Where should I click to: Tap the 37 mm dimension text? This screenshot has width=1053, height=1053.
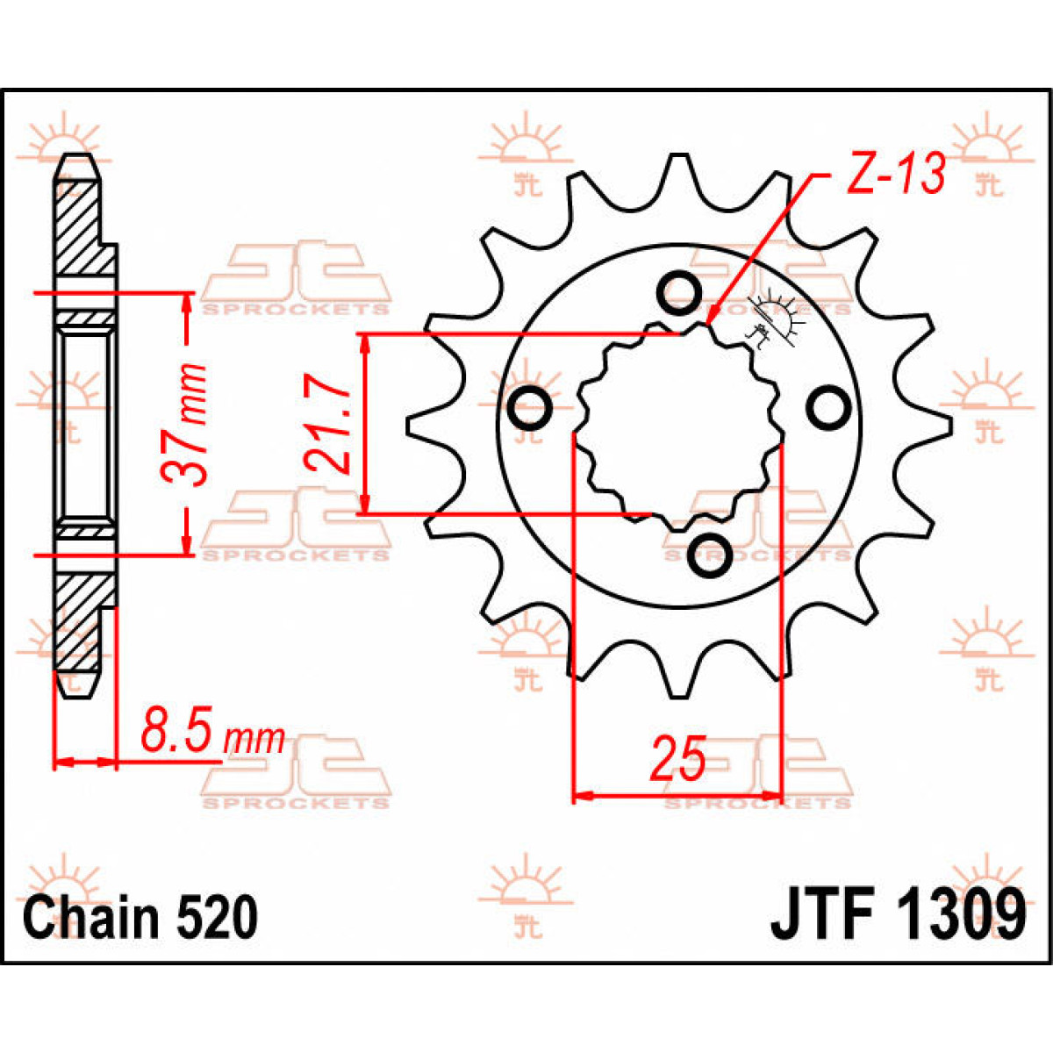pyautogui.click(x=186, y=424)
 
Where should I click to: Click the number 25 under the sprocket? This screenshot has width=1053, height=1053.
pyautogui.click(x=677, y=759)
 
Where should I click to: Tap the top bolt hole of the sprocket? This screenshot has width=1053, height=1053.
pyautogui.click(x=679, y=293)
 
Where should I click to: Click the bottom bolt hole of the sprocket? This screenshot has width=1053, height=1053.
pyautogui.click(x=711, y=554)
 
